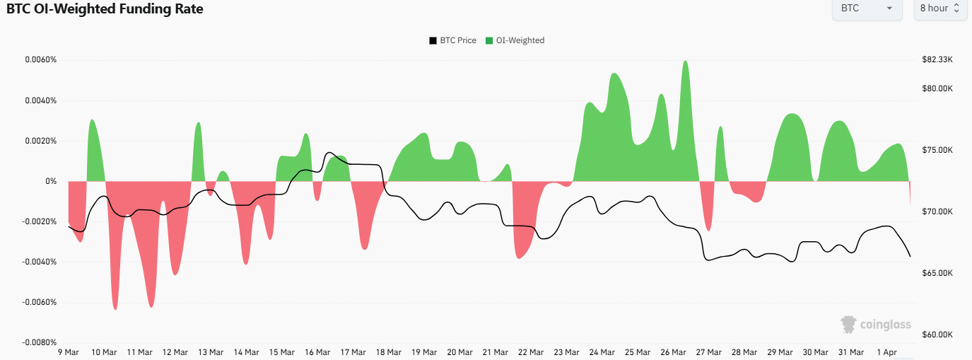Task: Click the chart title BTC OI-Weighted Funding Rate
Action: tap(105, 10)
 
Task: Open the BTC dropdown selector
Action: tap(867, 8)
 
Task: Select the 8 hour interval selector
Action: tap(940, 8)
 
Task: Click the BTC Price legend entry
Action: tap(452, 40)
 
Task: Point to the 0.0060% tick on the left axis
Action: tap(40, 59)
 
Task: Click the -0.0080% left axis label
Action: tap(39, 343)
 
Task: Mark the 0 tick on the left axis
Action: tap(51, 182)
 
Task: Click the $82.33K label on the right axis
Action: tap(938, 59)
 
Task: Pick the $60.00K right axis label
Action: tap(938, 335)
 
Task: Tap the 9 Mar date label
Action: tap(68, 352)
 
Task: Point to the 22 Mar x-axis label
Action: tap(531, 352)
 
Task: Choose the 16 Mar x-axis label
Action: tap(317, 352)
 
